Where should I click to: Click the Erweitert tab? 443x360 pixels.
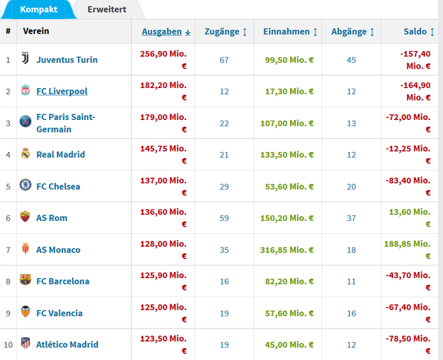107,10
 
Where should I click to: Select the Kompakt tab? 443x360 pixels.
39,10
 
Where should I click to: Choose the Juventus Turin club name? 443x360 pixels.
67,60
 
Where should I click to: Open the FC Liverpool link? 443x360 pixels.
62,91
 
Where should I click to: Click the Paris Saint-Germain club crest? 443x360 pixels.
25,121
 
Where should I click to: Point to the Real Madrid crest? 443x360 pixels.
25,153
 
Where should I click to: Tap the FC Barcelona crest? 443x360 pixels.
25,280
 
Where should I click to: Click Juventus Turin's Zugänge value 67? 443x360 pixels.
224,60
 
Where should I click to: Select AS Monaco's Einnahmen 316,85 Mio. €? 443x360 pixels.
287,250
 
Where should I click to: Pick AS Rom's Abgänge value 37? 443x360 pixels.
351,218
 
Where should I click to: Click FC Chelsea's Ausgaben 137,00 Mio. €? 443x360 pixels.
164,187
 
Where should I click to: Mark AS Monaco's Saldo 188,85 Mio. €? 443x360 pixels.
408,250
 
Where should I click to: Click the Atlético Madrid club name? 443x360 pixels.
67,344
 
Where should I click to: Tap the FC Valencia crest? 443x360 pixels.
25,312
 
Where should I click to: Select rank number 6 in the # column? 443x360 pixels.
8,218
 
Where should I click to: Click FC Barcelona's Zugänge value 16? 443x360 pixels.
224,282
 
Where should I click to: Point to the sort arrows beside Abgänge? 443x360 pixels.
372,32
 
